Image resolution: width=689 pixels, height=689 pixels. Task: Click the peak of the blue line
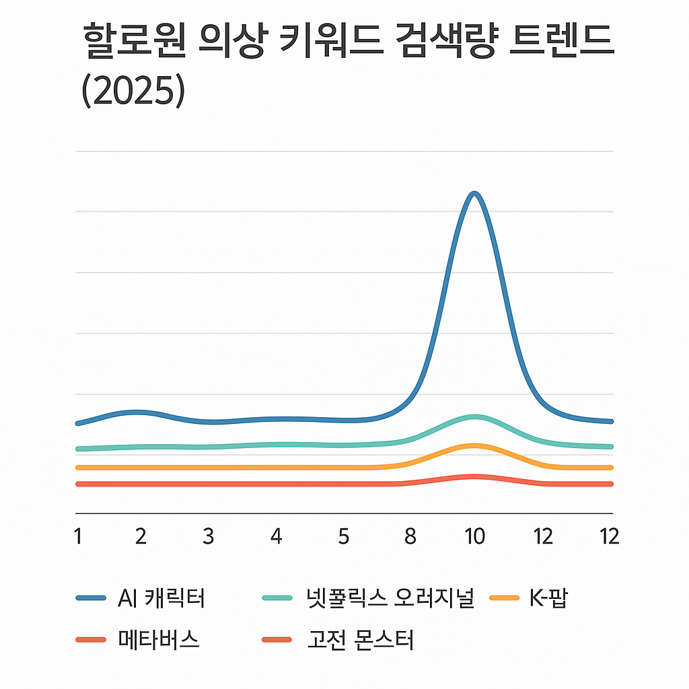coord(475,194)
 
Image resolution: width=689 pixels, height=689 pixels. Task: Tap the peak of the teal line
coord(475,416)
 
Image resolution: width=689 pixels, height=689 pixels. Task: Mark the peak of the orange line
coord(475,445)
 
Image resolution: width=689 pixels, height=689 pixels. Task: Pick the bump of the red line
coord(475,476)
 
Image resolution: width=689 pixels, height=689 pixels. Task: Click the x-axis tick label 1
coord(78,537)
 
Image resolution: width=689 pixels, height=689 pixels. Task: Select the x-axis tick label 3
coord(208,537)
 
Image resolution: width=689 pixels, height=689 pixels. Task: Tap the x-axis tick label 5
coord(344,537)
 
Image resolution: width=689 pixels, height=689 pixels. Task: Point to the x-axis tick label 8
coord(410,537)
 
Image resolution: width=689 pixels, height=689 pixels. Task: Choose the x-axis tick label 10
coord(475,537)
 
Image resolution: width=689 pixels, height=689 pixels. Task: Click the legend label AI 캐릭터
coord(161,597)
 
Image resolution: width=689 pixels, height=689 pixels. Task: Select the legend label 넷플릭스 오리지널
coord(389,597)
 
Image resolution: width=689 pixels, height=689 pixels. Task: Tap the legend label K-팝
coord(548,597)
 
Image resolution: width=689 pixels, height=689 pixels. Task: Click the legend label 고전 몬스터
coord(359,639)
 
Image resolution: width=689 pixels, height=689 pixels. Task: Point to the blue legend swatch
coord(92,597)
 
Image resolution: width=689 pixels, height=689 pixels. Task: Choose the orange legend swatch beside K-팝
coord(503,597)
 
